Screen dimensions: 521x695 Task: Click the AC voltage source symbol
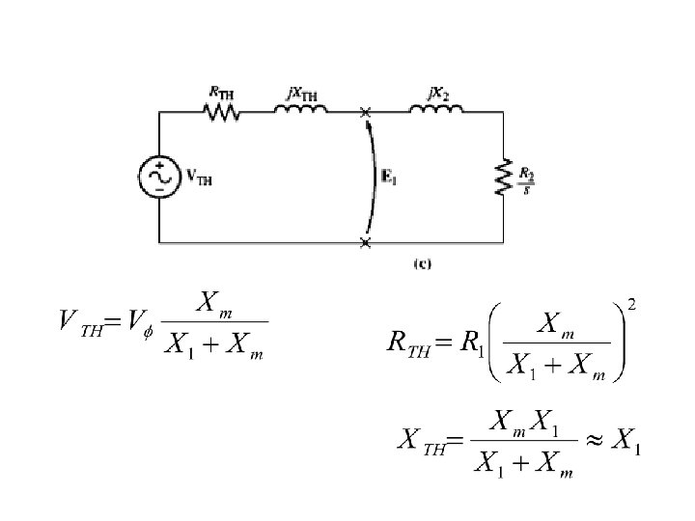(158, 178)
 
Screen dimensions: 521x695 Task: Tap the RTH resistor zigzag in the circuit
(222, 113)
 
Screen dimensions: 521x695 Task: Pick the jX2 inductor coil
(435, 112)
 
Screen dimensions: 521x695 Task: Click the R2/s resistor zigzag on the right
(503, 178)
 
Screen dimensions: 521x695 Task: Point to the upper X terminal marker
(365, 113)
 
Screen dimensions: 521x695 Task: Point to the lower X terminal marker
(365, 242)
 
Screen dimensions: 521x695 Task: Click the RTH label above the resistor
(221, 92)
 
